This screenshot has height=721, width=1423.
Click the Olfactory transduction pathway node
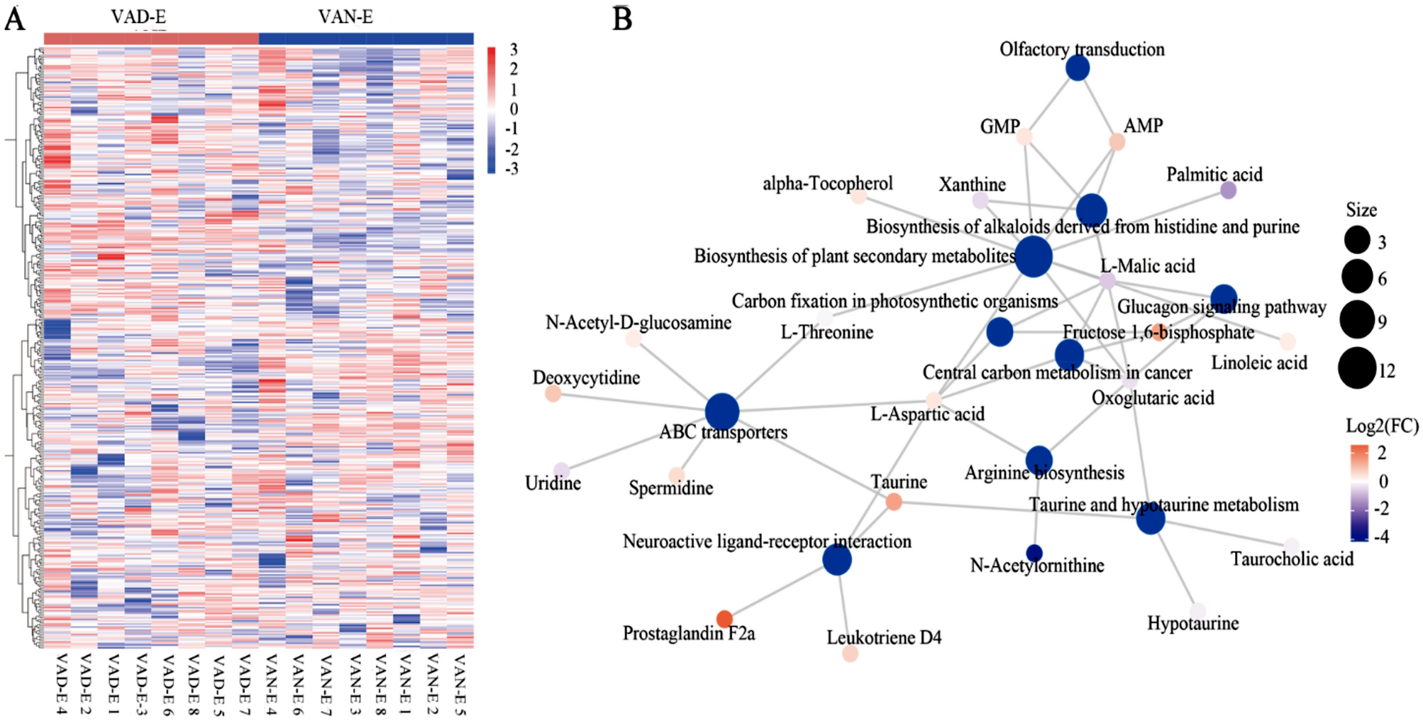click(1078, 68)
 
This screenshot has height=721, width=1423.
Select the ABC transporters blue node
click(722, 411)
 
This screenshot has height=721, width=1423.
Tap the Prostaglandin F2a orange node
click(724, 619)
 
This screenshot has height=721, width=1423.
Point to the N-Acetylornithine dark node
click(1034, 553)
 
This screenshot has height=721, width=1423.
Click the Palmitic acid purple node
click(1229, 190)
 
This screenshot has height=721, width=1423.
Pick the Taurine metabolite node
click(894, 502)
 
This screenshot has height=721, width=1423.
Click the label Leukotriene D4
click(884, 637)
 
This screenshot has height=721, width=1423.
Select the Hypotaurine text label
click(1193, 623)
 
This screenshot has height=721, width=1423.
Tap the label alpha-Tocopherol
click(827, 183)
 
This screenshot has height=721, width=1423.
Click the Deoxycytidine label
click(586, 378)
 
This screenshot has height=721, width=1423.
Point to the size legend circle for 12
click(1357, 369)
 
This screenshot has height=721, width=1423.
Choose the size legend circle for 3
click(1357, 241)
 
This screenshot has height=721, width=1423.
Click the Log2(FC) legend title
click(1382, 426)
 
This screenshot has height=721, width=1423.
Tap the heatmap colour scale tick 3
click(514, 50)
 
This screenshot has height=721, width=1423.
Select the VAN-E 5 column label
click(460, 684)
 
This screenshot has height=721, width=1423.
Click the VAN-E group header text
click(345, 16)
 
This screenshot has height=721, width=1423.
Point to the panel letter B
click(622, 18)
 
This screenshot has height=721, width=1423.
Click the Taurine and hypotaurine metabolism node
click(1150, 520)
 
